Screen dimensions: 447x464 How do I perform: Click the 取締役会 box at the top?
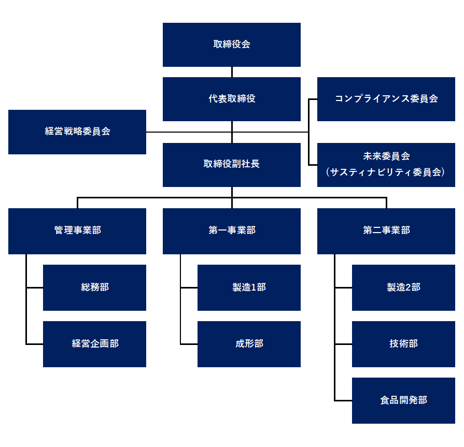click(x=231, y=45)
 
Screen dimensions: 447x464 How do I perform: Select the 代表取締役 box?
click(x=231, y=99)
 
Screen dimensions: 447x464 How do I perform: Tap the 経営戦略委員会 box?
click(x=77, y=132)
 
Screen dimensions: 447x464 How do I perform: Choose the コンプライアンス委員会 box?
click(x=386, y=99)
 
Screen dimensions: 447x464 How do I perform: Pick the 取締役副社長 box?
click(x=231, y=165)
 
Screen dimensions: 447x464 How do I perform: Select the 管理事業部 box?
click(x=77, y=230)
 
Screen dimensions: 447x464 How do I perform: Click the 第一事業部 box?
click(x=231, y=230)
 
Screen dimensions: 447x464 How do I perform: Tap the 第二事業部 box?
click(x=386, y=230)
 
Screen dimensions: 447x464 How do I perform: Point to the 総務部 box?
click(x=94, y=287)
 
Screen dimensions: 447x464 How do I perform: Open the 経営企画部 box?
click(x=94, y=344)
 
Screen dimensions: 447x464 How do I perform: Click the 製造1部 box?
click(x=249, y=287)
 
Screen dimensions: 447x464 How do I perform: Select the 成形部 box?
click(x=249, y=344)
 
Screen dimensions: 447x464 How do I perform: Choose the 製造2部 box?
click(x=403, y=287)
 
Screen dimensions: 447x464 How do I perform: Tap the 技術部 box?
click(x=403, y=344)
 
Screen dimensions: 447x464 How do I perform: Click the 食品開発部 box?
click(x=403, y=400)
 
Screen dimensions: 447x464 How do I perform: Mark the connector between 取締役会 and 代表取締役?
click(x=232, y=72)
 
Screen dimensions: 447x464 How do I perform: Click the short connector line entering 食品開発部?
click(x=343, y=400)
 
